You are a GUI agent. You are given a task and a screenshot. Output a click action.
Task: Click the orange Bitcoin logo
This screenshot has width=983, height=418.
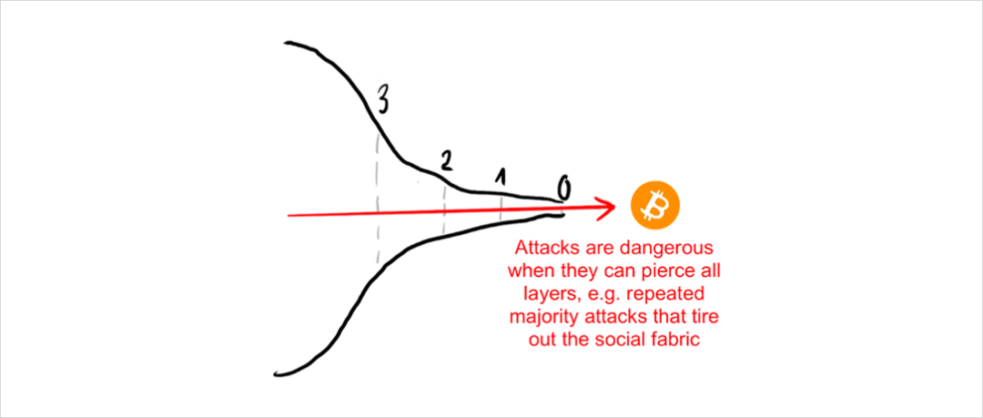click(654, 207)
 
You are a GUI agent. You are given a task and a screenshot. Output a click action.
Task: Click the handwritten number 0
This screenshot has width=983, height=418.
click(564, 189)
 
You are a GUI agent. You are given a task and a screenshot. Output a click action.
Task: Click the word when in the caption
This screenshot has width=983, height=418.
click(531, 270)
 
